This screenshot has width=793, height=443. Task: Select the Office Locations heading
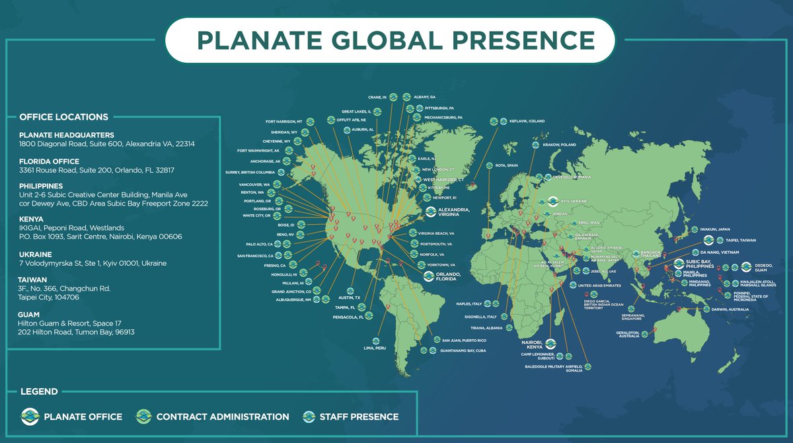pos(64,117)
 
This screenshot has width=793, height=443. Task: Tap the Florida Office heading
pos(50,161)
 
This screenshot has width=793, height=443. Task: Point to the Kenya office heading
pos(31,218)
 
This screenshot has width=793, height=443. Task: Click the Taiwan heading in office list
pos(33,280)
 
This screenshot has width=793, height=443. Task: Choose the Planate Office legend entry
pos(83,417)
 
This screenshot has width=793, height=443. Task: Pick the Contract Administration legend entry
pos(223,417)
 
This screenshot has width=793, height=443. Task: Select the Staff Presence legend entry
pos(359,417)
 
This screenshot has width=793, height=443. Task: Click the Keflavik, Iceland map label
pos(527,121)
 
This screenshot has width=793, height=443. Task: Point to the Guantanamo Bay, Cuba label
pos(463,351)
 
